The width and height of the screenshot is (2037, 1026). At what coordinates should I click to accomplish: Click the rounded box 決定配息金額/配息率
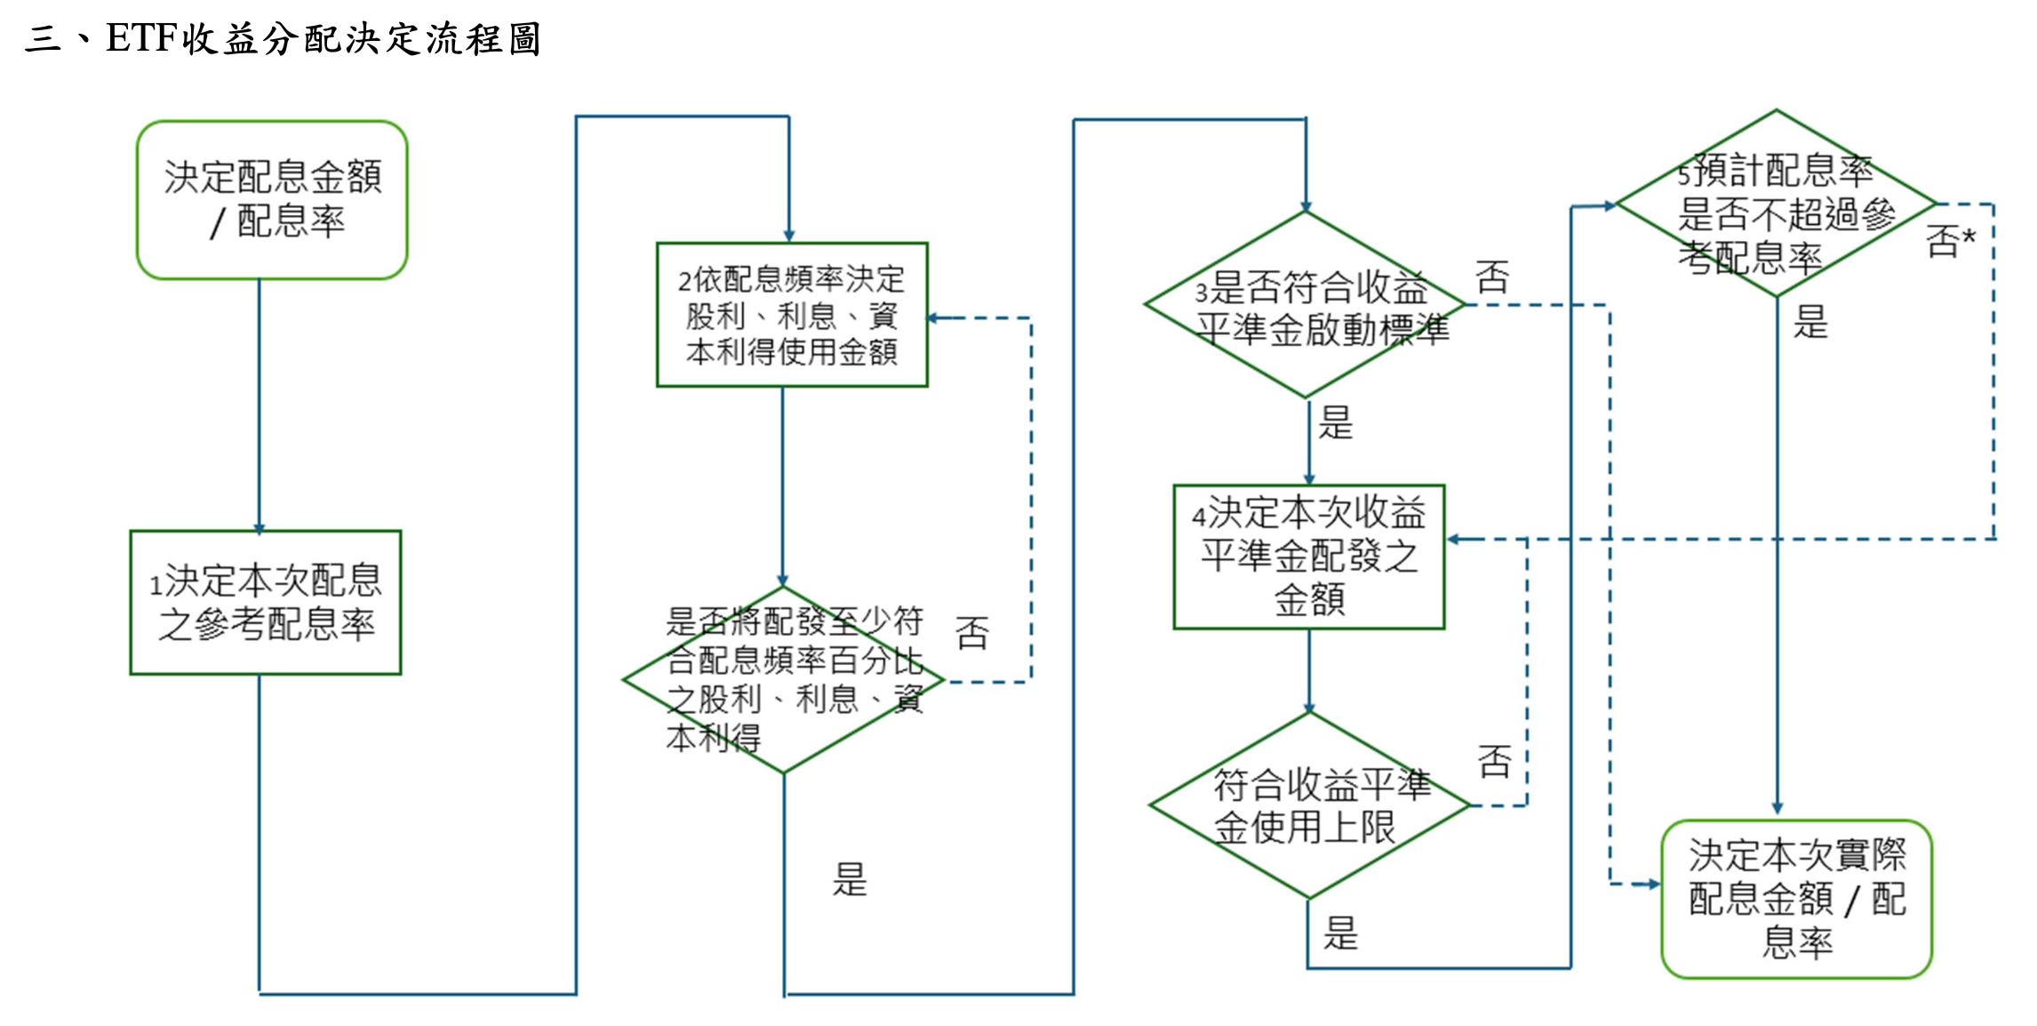(272, 200)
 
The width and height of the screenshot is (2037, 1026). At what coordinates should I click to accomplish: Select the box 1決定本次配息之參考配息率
(266, 602)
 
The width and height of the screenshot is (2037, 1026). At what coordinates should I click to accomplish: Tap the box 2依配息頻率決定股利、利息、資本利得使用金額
(792, 315)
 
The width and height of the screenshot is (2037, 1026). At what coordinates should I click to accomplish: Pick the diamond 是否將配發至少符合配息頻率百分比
(784, 680)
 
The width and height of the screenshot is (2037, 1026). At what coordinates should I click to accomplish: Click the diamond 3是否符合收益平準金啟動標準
(1306, 305)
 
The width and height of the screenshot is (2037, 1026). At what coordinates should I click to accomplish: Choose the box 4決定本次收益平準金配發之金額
(1309, 557)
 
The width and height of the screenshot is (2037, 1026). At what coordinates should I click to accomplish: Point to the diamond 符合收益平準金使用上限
(1309, 806)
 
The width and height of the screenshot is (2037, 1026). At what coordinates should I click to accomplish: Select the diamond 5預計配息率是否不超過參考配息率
(1777, 204)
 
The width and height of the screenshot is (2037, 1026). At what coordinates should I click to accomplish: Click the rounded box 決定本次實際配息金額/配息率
(1796, 899)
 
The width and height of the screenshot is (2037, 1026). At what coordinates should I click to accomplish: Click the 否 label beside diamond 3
(1492, 277)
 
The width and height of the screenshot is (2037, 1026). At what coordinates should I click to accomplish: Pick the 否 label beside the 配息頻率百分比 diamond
(971, 633)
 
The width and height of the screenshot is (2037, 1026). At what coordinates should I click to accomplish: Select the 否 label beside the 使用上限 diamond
(1494, 762)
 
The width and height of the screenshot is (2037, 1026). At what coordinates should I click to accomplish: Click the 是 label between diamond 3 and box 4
(1335, 423)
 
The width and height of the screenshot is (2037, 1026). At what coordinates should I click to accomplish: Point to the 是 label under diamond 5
(1810, 322)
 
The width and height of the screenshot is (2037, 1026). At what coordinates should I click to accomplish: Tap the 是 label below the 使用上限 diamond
(1340, 934)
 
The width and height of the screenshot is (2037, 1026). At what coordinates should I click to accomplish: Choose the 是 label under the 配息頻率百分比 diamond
(849, 879)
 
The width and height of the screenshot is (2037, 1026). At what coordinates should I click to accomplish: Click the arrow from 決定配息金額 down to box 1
(260, 405)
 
